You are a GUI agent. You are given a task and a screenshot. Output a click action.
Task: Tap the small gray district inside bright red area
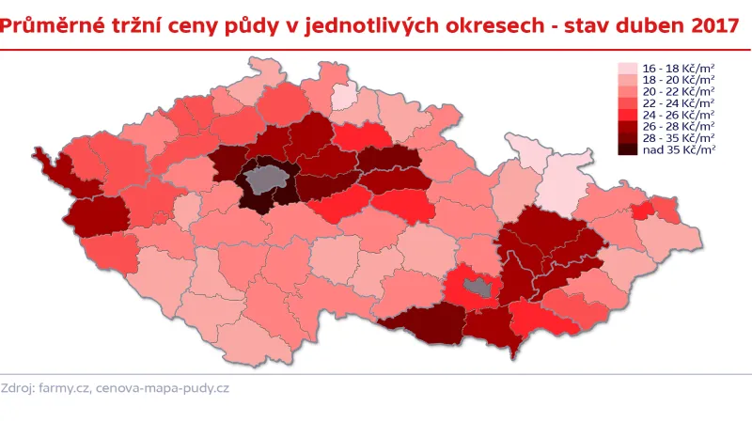click(480, 289)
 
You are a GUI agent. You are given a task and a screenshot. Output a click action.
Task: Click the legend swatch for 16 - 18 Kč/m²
click(627, 69)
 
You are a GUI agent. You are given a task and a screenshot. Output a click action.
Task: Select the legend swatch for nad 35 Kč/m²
click(627, 148)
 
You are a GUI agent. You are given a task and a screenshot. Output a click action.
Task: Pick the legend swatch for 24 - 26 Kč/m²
click(627, 115)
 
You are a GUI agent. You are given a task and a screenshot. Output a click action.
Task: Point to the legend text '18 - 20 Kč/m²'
click(678, 80)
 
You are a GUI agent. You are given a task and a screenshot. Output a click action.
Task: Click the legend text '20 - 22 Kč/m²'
click(678, 91)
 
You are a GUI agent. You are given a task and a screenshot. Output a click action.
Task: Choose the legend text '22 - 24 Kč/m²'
click(678, 102)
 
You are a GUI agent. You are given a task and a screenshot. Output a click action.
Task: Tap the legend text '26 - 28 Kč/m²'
click(678, 126)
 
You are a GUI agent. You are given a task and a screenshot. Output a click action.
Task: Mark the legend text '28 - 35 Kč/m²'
click(678, 137)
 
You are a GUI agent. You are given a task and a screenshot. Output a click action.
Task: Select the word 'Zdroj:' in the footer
click(19, 388)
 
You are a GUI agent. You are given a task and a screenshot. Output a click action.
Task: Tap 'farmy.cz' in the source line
click(64, 388)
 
